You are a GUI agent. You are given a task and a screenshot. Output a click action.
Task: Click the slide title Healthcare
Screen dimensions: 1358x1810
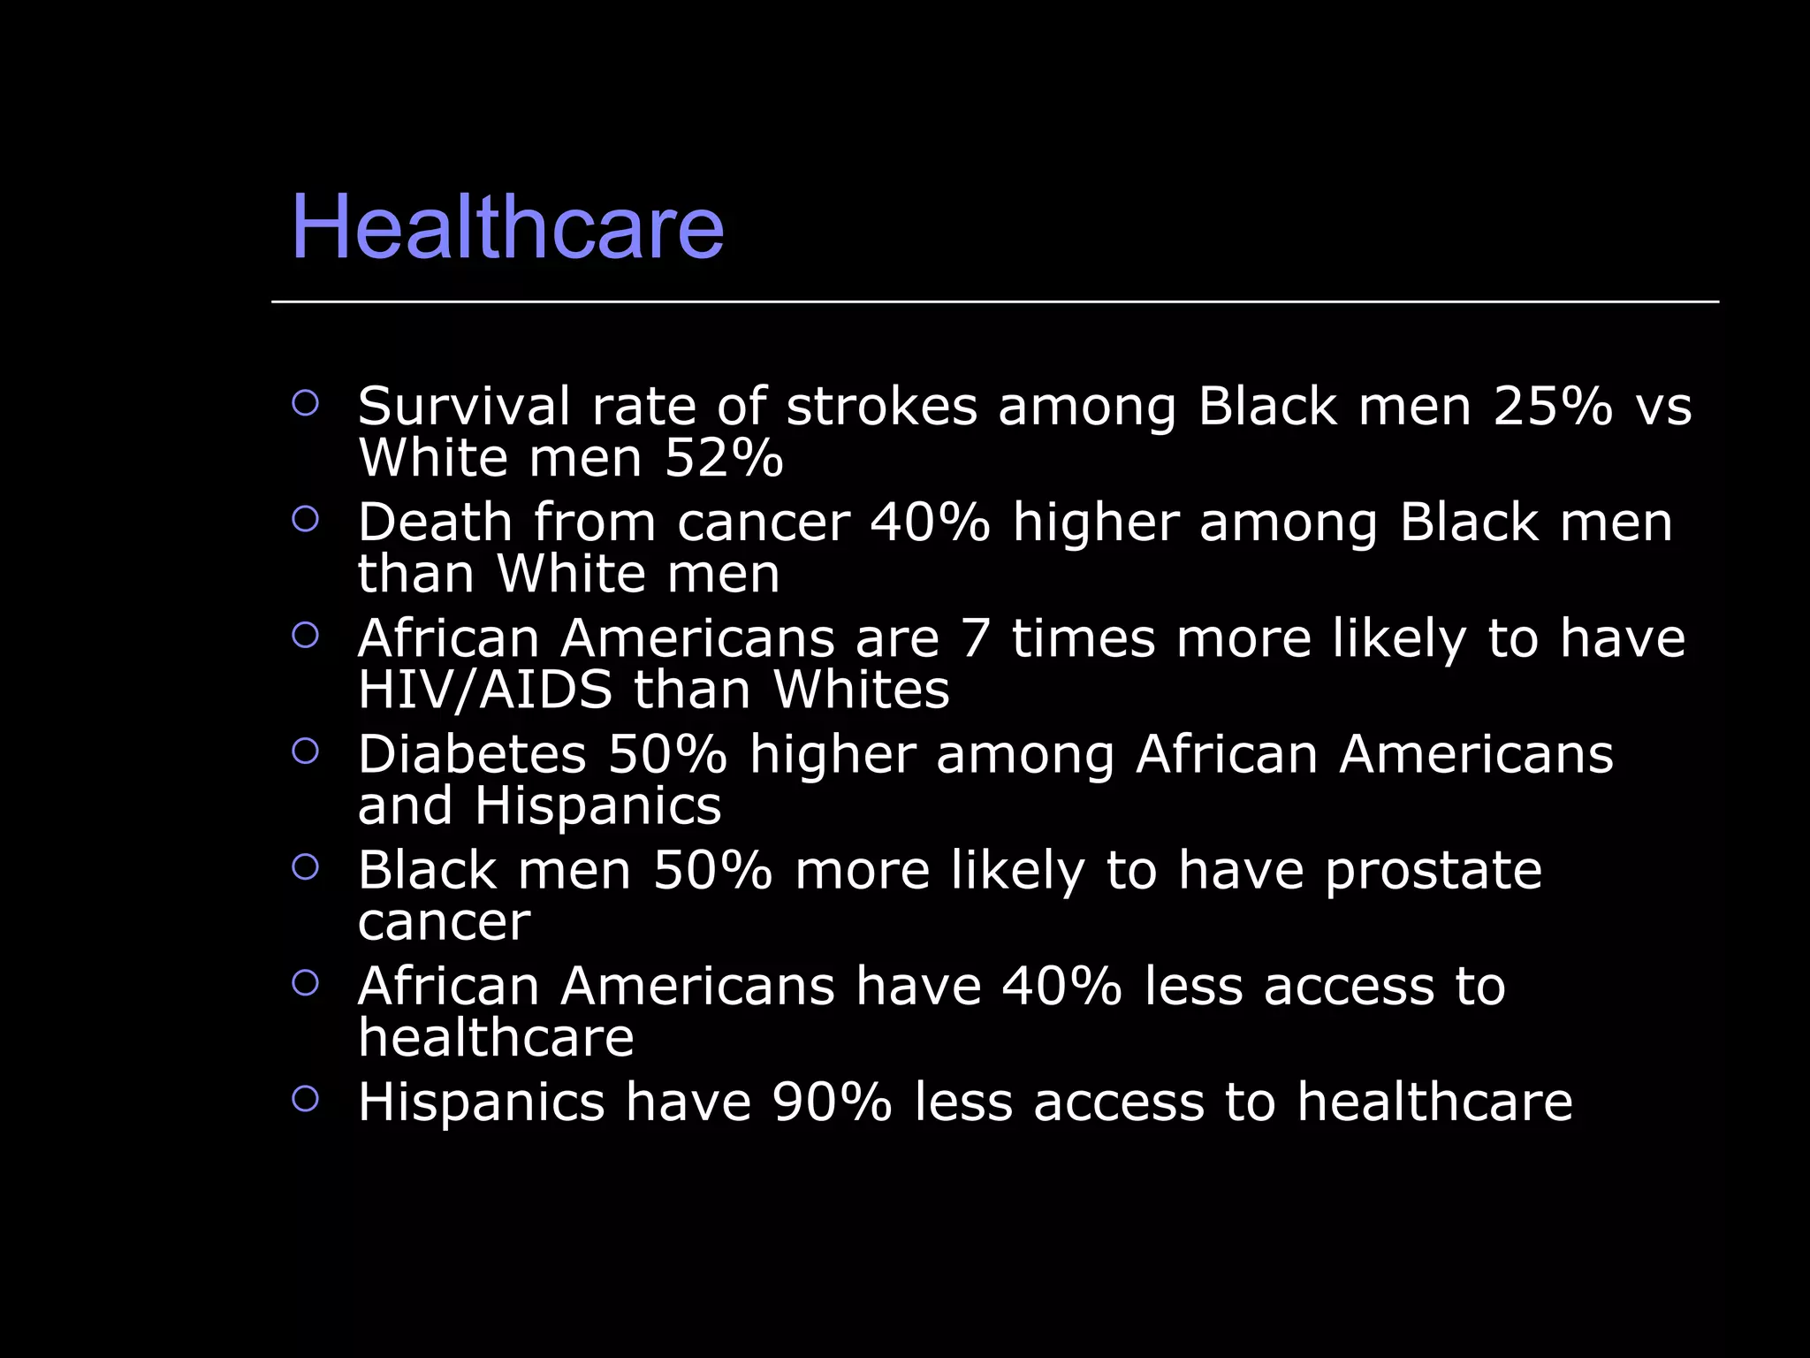(507, 227)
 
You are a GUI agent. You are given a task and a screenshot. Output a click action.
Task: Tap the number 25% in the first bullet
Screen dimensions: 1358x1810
(1553, 407)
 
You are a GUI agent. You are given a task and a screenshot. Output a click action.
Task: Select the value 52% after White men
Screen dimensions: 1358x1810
(723, 458)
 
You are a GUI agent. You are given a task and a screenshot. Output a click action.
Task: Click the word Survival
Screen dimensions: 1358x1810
(464, 407)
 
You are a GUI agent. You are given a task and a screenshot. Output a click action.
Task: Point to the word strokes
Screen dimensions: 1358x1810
(881, 407)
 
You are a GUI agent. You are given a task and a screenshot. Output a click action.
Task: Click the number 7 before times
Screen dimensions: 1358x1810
(975, 638)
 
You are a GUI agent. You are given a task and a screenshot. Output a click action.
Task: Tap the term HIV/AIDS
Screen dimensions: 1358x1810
(484, 690)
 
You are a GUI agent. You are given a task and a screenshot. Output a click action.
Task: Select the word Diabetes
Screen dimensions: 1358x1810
(472, 755)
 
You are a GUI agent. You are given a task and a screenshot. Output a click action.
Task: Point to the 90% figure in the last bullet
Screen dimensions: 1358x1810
(832, 1102)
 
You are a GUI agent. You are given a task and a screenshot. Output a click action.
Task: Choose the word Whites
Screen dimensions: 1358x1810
(861, 690)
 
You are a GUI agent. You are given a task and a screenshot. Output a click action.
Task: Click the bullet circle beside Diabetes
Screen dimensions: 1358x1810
(305, 751)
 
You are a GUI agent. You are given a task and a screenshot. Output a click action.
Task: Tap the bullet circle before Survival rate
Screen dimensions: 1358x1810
(305, 403)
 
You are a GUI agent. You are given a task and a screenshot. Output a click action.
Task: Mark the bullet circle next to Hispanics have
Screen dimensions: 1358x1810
(305, 1099)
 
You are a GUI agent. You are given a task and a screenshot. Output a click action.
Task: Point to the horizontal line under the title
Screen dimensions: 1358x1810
(994, 301)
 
